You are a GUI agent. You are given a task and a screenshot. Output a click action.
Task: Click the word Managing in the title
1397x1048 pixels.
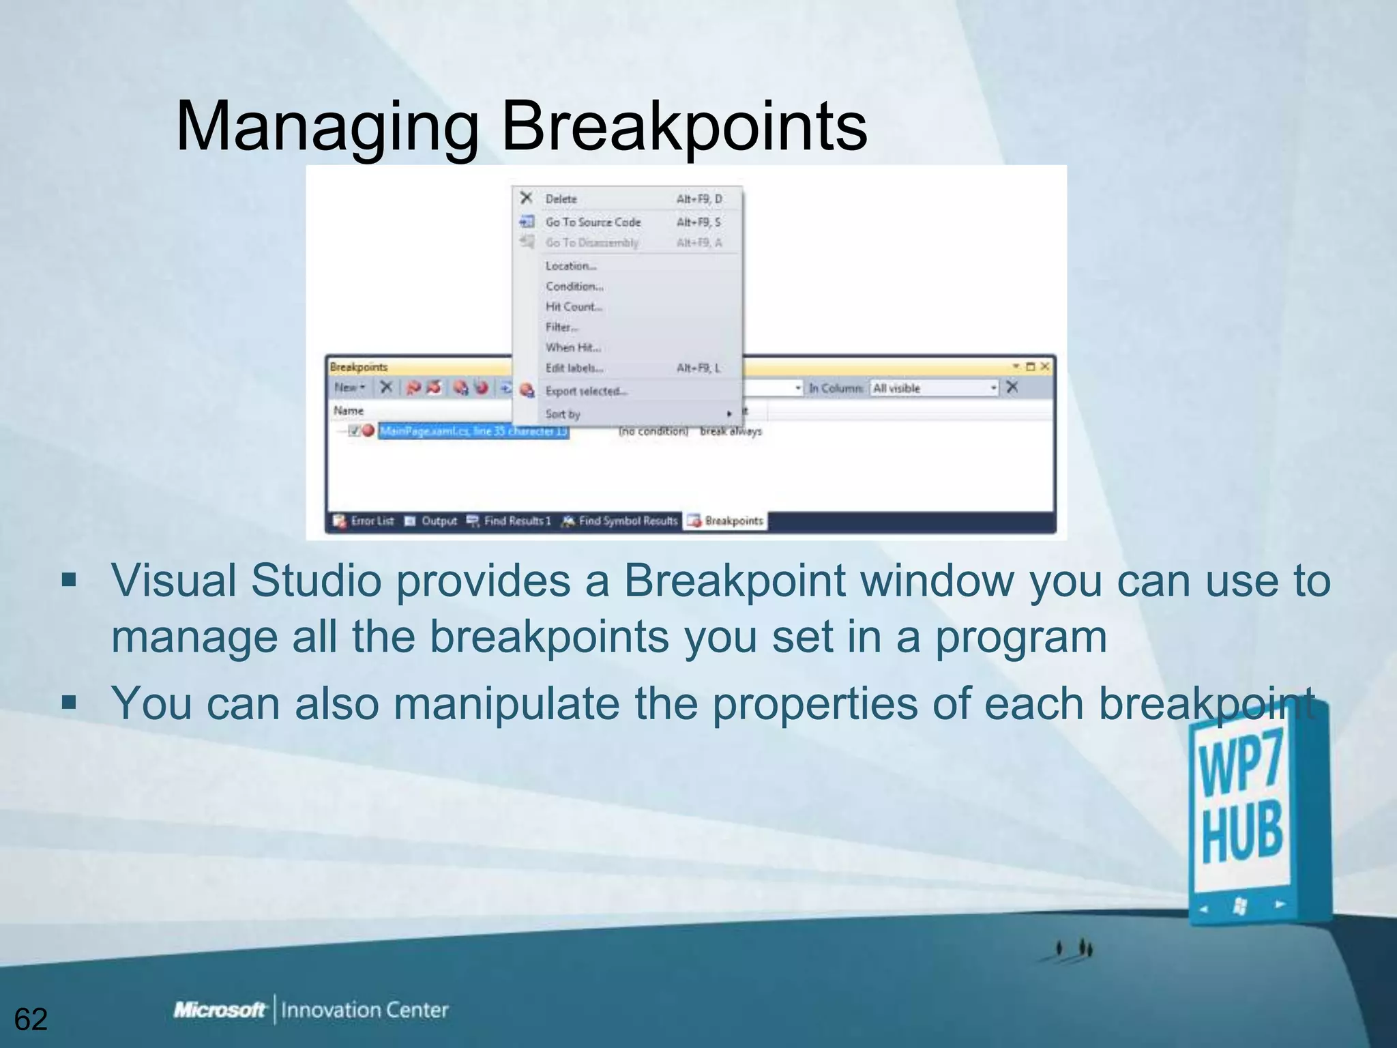click(327, 128)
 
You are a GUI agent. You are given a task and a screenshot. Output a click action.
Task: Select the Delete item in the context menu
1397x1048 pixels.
click(561, 199)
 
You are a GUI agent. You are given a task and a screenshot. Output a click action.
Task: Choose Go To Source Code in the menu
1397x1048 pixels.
click(593, 222)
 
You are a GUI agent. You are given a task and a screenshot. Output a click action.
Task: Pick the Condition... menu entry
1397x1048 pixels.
click(574, 286)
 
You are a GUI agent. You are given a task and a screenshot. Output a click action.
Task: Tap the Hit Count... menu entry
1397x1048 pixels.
click(574, 306)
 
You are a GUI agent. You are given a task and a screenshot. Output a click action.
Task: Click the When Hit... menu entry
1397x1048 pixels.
click(573, 347)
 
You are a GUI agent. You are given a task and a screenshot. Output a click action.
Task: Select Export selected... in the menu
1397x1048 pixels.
click(586, 391)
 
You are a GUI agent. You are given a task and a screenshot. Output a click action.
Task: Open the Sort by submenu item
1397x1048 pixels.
click(563, 414)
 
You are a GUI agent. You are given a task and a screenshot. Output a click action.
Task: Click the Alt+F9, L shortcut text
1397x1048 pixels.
click(698, 368)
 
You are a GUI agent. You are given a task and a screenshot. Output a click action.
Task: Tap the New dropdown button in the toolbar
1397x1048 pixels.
click(349, 388)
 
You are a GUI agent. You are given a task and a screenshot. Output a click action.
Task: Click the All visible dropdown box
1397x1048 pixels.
click(934, 388)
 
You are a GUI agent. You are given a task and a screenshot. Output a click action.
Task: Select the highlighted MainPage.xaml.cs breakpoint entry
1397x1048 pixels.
click(473, 431)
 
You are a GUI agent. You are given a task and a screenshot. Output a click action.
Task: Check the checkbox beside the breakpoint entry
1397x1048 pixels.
click(354, 431)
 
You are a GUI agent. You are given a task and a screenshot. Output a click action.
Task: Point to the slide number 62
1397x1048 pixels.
click(31, 1019)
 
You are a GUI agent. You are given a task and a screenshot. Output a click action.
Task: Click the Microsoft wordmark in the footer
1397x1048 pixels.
click(219, 1010)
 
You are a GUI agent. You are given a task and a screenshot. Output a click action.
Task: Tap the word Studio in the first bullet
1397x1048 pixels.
click(315, 581)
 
